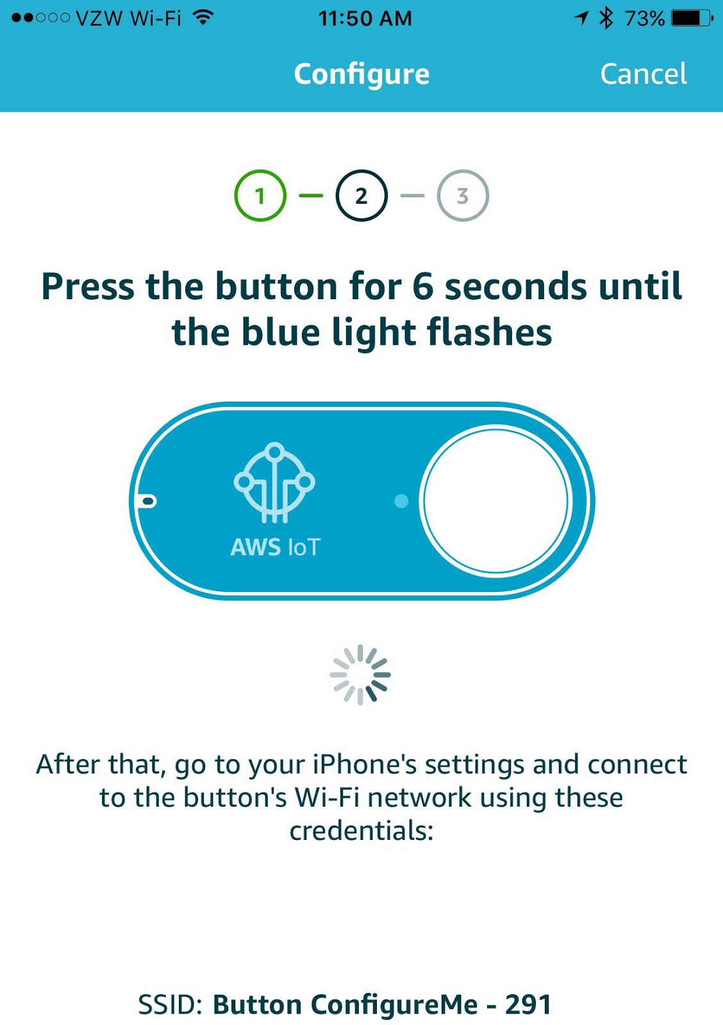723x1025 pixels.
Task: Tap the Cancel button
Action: coord(643,74)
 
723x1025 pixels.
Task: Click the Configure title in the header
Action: coord(361,74)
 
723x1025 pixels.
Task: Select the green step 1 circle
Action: coord(260,195)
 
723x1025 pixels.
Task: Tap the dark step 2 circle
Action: coord(361,195)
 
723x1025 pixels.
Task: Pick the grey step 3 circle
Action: coord(463,195)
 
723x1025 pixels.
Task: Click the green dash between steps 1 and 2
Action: coord(311,195)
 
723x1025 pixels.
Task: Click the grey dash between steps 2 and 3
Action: coord(412,195)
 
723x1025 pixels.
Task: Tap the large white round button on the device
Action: coord(495,500)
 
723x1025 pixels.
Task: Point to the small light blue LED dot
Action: coord(401,501)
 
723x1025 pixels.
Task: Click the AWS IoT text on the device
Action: coord(275,547)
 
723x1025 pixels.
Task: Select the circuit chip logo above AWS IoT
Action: coord(274,482)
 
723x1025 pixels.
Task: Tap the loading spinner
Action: coord(360,675)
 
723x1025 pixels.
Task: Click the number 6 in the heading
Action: coord(423,286)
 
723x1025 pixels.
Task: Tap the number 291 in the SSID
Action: coord(528,1004)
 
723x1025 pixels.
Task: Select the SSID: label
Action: coord(170,1004)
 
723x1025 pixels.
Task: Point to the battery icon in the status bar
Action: coord(692,18)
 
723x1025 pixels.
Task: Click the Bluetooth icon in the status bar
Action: coord(606,18)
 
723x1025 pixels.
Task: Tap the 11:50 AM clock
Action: coord(365,18)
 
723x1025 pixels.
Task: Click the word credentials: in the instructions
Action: coord(361,831)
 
